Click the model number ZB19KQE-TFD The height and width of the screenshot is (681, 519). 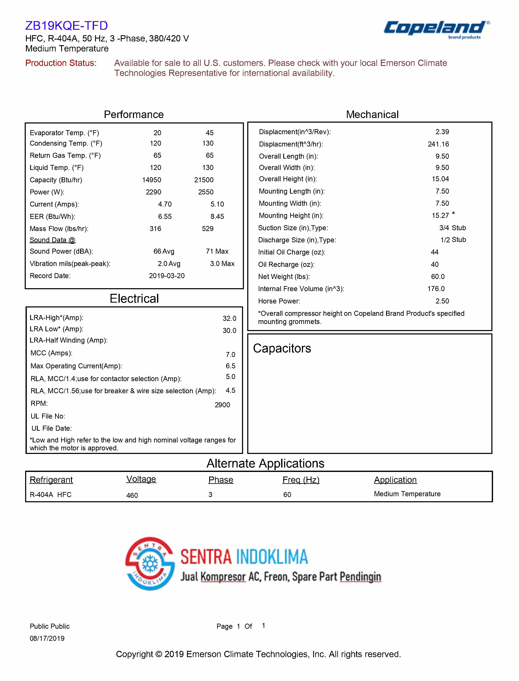pyautogui.click(x=66, y=26)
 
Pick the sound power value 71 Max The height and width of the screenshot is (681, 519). pyautogui.click(x=217, y=251)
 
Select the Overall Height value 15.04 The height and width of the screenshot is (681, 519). pyautogui.click(x=440, y=179)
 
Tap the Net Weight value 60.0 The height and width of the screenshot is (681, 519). pyautogui.click(x=438, y=277)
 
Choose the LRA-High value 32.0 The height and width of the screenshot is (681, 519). pyautogui.click(x=229, y=318)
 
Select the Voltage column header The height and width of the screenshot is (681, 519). pyautogui.click(x=141, y=479)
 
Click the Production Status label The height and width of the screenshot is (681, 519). pyautogui.click(x=61, y=63)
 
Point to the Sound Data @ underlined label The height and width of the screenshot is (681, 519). pyautogui.click(x=53, y=240)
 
